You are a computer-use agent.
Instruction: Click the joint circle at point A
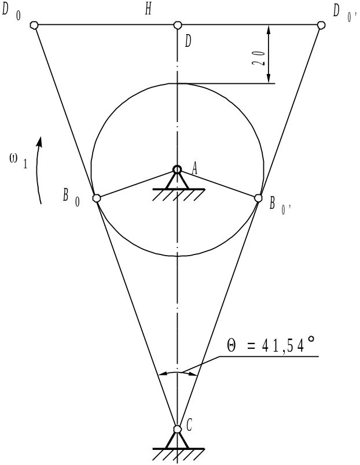pos(177,169)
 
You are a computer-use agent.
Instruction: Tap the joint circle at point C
pos(177,429)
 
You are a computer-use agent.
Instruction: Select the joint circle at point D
pos(177,25)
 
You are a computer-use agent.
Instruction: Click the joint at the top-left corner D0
pos(34,25)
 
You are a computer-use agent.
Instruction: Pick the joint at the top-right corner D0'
pos(321,25)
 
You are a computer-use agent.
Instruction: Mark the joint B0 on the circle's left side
pos(97,198)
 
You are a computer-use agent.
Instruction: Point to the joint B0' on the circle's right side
pos(259,198)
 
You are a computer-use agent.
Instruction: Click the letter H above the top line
pos(148,9)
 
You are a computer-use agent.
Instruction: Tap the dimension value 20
pos(258,58)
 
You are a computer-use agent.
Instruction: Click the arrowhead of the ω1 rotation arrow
pos(39,142)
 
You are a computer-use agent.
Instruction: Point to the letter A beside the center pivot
pos(194,169)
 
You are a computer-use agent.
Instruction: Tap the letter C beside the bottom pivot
pos(189,426)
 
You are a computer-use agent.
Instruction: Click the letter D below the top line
pos(188,42)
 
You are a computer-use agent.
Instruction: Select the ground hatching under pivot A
pos(179,194)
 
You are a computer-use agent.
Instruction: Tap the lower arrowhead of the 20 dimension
pos(269,78)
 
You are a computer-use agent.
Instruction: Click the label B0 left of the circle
pos(71,198)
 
